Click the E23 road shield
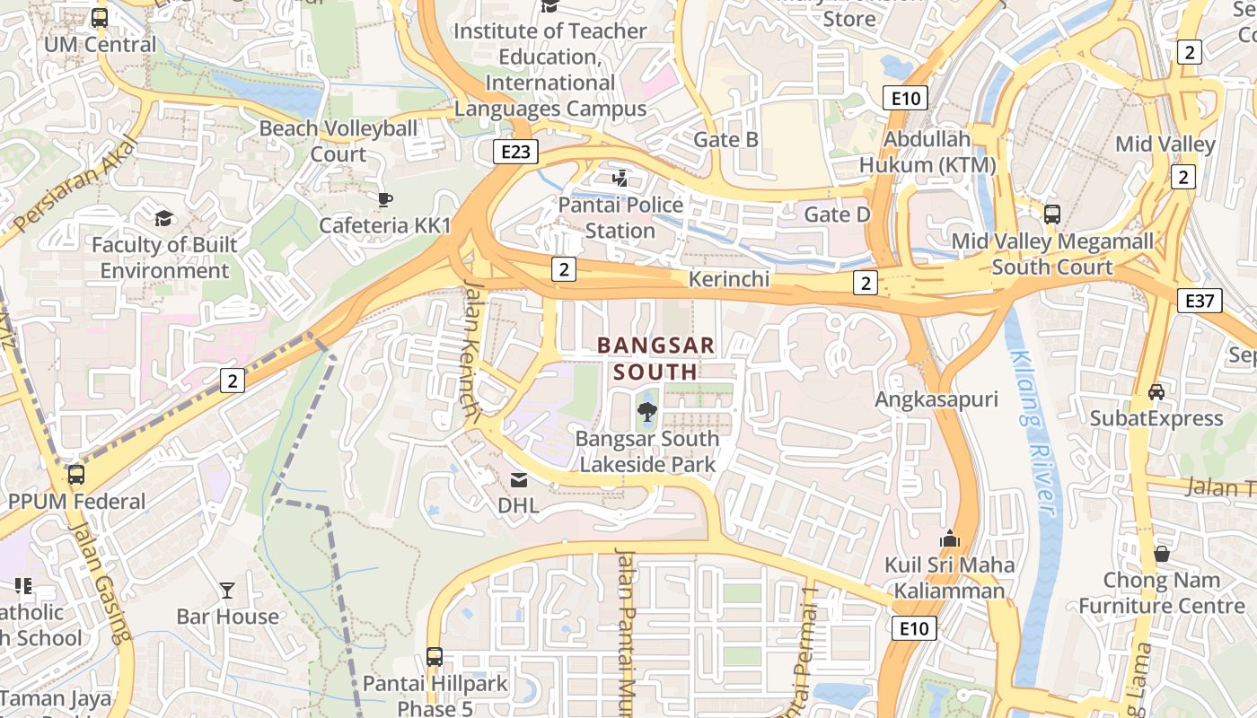(515, 152)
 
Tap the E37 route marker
(1200, 300)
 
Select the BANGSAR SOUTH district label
(656, 358)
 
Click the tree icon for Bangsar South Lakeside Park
(646, 412)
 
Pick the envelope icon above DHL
(519, 480)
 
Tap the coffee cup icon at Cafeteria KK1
(385, 199)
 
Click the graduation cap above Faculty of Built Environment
(163, 218)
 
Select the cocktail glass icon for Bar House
(227, 590)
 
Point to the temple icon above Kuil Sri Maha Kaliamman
(949, 538)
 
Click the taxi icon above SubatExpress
(1156, 392)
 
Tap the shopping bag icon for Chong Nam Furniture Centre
(1162, 554)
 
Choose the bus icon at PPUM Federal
(76, 474)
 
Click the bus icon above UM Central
(100, 17)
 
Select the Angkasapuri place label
(936, 399)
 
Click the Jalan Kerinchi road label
(470, 350)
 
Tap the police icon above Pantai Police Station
(620, 179)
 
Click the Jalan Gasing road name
(101, 583)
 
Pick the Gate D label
(837, 215)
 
